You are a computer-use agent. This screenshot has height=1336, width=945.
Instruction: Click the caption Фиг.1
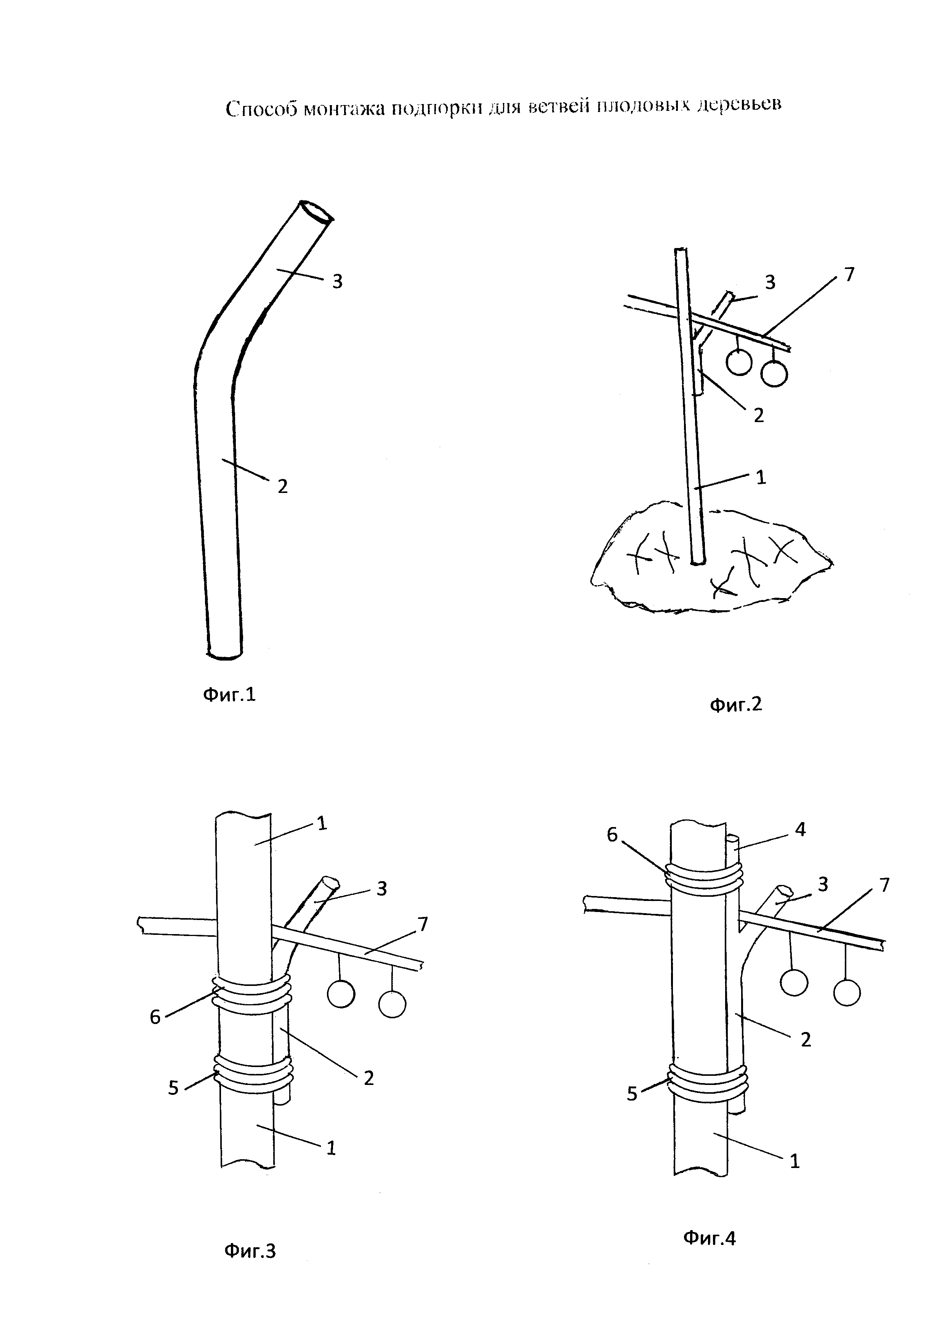[x=229, y=695]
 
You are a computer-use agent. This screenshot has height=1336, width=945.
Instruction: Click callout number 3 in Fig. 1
[x=337, y=282]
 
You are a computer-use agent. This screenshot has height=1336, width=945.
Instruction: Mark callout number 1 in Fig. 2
[x=761, y=477]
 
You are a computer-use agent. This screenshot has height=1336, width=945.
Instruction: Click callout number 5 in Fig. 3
[x=173, y=1088]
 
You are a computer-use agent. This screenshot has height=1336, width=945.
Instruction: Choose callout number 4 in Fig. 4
[x=800, y=830]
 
